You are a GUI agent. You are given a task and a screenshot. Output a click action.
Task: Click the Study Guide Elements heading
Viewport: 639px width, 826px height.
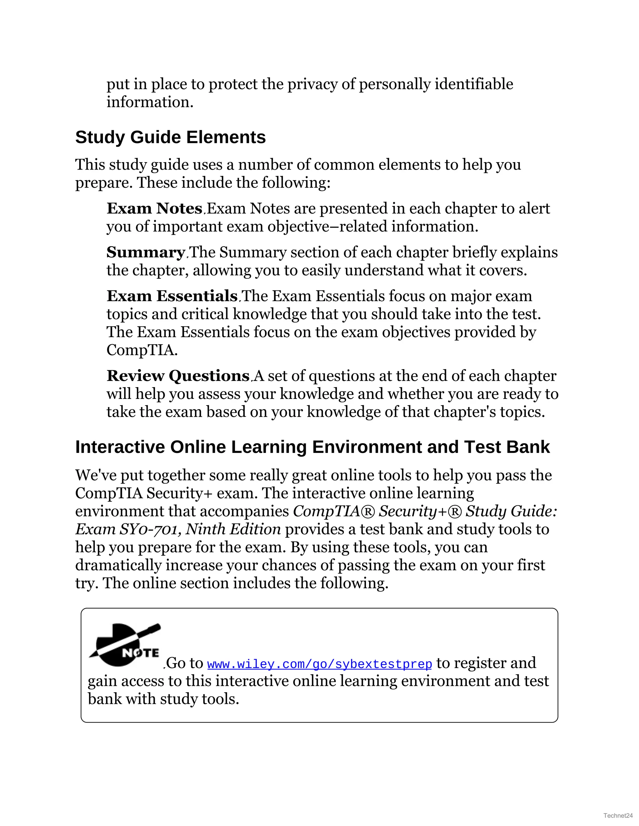pyautogui.click(x=170, y=137)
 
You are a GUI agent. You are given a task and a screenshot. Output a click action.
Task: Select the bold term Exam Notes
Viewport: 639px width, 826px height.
pyautogui.click(x=154, y=209)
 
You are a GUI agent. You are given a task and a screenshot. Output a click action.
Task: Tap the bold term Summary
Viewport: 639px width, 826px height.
pyautogui.click(x=145, y=252)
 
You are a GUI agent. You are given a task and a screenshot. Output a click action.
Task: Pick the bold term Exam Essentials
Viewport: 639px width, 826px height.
pyautogui.click(x=172, y=296)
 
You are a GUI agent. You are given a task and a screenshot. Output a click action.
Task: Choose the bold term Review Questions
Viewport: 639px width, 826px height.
pyautogui.click(x=178, y=376)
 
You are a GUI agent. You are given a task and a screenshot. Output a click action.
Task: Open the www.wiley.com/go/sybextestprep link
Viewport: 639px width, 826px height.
pyautogui.click(x=319, y=664)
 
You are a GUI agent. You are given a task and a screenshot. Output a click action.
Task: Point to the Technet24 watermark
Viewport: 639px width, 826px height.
pyautogui.click(x=618, y=815)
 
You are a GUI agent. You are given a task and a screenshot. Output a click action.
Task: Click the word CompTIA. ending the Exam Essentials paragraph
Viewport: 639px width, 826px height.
pyautogui.click(x=142, y=350)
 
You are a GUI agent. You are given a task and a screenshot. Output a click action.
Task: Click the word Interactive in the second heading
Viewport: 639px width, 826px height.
pyautogui.click(x=120, y=447)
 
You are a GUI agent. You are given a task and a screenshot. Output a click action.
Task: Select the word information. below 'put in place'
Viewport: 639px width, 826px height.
pyautogui.click(x=150, y=102)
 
